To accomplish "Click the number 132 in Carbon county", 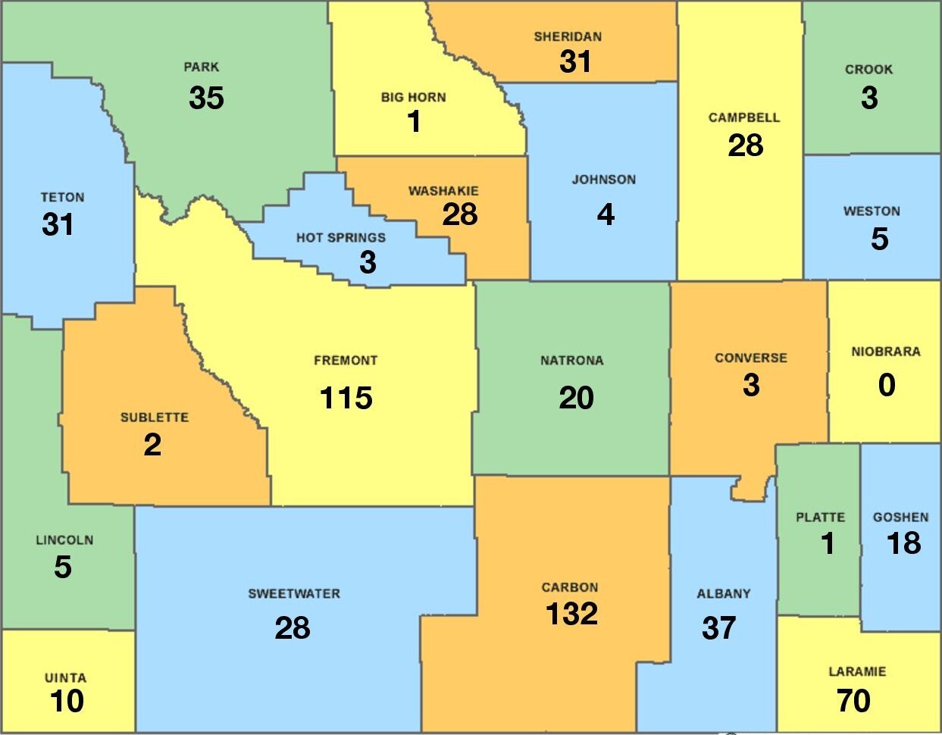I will tap(571, 614).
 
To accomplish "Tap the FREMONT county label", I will tap(346, 361).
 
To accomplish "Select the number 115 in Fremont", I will tap(346, 398).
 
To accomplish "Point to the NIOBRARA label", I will tap(885, 352).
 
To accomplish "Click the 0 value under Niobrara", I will tap(887, 385).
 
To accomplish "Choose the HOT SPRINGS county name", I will tap(340, 238).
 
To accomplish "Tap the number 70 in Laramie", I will tap(853, 701).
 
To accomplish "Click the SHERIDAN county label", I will tap(568, 36).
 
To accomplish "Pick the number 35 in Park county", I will tap(206, 98).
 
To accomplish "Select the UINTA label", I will tap(65, 678).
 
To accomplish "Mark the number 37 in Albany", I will tap(718, 627).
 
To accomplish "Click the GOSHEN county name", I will tap(900, 518).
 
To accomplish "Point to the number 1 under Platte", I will tap(828, 543).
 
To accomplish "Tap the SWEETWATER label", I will tap(294, 594).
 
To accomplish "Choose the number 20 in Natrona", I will tap(576, 398).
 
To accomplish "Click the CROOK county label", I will tap(868, 70).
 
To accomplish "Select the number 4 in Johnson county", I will tap(606, 214).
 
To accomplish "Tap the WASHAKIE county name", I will tap(443, 191).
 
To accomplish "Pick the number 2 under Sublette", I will tap(152, 445).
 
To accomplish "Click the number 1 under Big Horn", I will tap(414, 121).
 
